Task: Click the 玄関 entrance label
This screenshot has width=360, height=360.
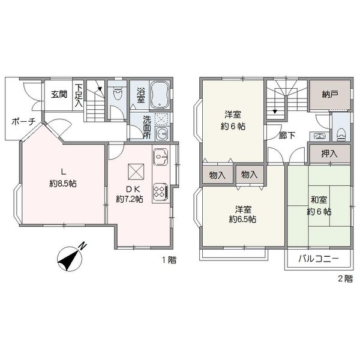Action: point(59,94)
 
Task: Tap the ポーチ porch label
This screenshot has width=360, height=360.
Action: point(23,121)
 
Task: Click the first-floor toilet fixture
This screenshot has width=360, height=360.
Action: point(118,92)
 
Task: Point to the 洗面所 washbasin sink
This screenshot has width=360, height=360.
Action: point(162,134)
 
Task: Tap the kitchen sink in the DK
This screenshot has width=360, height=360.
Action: point(161,157)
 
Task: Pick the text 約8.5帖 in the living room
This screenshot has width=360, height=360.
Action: point(62,184)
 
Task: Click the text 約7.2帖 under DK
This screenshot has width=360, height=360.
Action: point(130,199)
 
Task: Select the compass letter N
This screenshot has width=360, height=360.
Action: point(83,246)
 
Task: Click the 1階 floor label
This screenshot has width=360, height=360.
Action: point(169,260)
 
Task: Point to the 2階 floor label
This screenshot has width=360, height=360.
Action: point(345,279)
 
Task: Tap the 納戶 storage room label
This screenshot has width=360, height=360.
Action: point(329,94)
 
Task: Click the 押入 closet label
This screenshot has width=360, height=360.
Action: point(329,154)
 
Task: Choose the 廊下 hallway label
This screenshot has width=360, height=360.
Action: point(287,135)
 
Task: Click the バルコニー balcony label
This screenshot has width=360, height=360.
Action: point(319,259)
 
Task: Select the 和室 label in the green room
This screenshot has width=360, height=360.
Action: point(319,200)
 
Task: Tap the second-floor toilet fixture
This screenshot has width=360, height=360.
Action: point(341,134)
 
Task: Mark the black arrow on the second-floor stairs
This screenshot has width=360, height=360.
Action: point(275,112)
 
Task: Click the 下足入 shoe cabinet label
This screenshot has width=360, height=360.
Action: point(79,95)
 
